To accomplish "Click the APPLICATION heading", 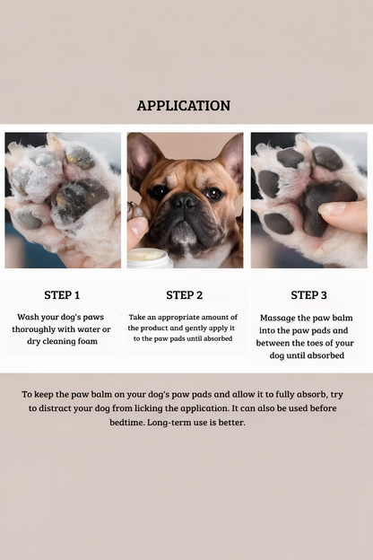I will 184,105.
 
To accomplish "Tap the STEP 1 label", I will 62,294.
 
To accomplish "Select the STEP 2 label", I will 184,294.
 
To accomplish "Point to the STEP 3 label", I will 308,294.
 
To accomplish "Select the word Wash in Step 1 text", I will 30,317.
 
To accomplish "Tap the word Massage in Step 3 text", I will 277,318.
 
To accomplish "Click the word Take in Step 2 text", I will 137,317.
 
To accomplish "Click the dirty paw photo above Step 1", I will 62,200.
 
